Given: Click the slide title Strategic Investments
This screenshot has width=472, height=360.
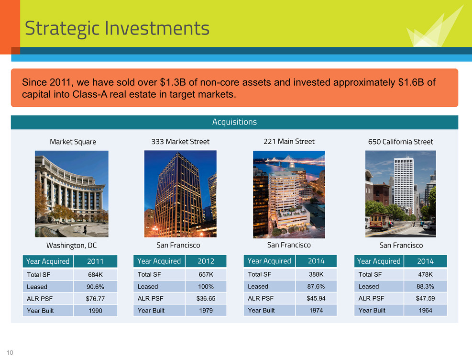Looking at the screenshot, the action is [117, 29].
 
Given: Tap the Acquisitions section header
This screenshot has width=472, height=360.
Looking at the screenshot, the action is [234, 122].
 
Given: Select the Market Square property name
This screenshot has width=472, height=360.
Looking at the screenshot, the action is [73, 142].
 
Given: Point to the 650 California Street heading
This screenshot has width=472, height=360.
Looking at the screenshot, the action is [400, 142].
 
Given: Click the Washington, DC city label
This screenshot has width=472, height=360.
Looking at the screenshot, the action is [71, 246].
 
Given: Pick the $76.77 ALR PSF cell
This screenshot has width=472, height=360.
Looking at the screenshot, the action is [95, 299].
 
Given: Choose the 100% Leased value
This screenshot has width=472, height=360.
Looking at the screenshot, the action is [206, 286].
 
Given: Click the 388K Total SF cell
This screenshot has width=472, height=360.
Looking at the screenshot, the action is [316, 274].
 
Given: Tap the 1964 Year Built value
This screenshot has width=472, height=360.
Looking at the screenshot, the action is [425, 310].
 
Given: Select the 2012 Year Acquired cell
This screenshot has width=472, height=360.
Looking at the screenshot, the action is [206, 261].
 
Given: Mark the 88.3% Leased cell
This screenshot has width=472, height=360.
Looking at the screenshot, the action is [425, 286].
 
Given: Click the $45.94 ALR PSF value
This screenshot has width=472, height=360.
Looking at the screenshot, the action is [316, 299].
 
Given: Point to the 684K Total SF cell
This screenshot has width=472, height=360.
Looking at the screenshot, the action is [95, 275].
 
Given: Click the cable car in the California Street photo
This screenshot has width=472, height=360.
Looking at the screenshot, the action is [379, 222].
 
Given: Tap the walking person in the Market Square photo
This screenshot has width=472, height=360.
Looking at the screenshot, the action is [85, 230].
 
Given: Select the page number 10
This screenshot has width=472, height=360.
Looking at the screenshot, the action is [10, 353].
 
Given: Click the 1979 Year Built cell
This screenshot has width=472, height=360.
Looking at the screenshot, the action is [206, 311].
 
